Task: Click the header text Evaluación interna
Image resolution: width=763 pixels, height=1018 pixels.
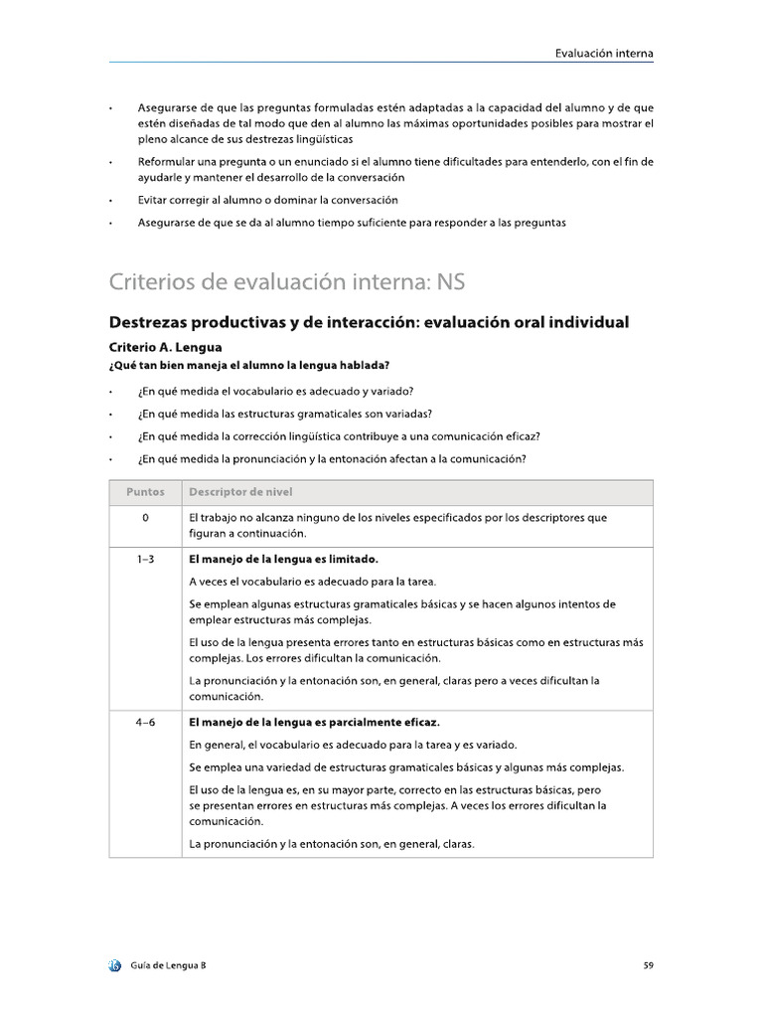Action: point(603,53)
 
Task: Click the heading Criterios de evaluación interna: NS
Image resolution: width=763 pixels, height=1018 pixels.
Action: point(286,283)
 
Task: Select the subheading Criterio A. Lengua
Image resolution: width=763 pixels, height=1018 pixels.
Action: point(165,348)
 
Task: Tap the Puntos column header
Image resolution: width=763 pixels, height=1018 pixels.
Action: point(145,492)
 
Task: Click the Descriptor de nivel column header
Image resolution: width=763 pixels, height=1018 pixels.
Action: point(240,492)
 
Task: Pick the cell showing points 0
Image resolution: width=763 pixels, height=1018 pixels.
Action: point(145,518)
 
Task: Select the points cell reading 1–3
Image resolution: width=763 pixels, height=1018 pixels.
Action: point(145,560)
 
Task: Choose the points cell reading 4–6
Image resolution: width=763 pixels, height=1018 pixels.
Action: point(145,723)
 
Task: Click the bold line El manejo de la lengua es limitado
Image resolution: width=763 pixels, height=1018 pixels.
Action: point(283,560)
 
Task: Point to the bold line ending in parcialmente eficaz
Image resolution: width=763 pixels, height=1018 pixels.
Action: point(314,723)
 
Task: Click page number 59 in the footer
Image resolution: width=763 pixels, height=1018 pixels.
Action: point(647,964)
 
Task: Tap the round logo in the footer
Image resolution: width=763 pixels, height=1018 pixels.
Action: point(115,964)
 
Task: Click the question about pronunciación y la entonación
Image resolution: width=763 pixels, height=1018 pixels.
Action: point(332,458)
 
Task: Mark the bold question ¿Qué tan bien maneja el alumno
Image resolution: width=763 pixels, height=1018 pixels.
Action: point(248,366)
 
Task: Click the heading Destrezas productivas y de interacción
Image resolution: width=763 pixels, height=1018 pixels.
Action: point(368,323)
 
